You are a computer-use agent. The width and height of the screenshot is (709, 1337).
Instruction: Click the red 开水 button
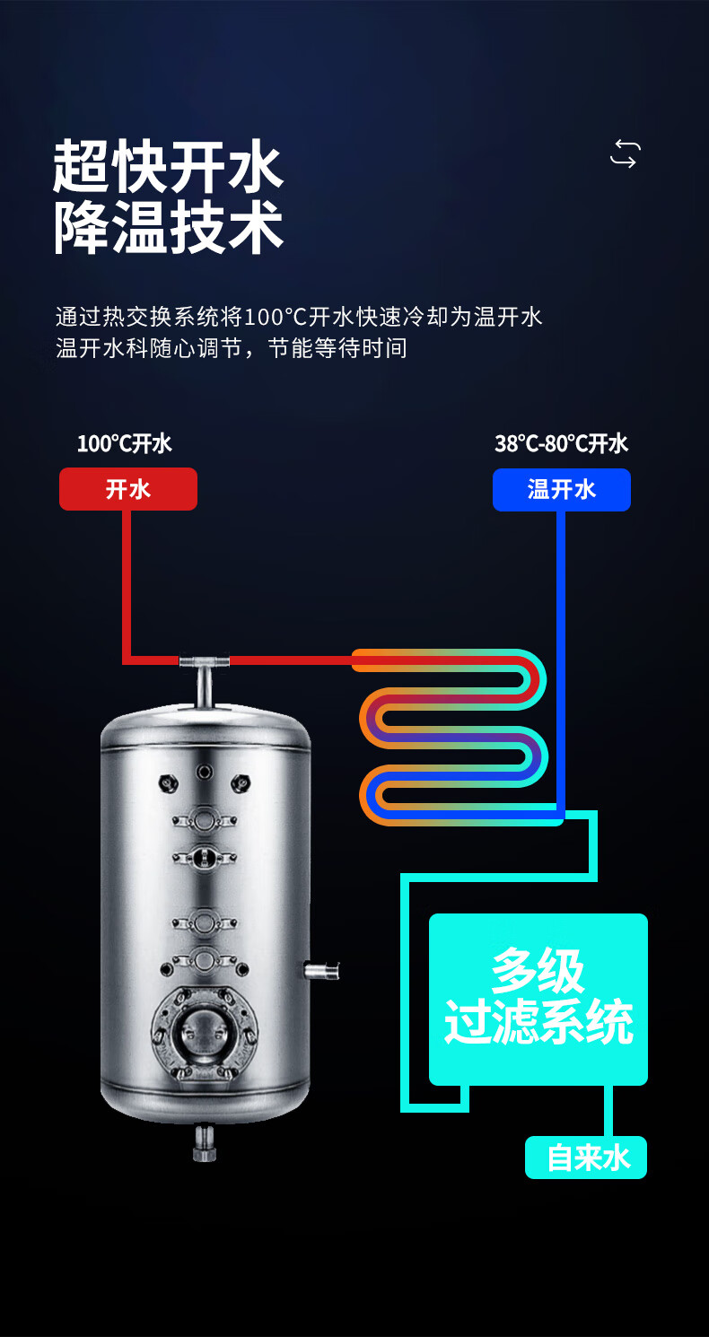127,489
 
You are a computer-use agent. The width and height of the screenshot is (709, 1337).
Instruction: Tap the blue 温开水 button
562,489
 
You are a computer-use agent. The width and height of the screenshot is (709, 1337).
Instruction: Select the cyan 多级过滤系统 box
538,1000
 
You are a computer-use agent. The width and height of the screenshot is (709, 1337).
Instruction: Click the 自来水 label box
586,1158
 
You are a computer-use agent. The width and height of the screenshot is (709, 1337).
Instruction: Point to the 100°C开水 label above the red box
124,443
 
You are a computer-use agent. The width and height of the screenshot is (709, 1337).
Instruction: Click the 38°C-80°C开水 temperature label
561,443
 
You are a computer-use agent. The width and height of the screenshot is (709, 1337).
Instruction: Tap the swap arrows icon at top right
625,154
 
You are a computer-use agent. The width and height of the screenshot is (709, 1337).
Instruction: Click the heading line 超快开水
168,167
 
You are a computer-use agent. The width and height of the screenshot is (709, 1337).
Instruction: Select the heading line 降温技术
168,227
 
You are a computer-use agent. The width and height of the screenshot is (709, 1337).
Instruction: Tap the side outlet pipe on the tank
321,970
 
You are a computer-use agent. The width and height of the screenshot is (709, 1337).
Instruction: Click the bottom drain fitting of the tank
204,1141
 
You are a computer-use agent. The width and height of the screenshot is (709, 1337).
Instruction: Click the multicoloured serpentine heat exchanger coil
453,737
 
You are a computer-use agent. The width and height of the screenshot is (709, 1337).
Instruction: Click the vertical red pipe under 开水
127,585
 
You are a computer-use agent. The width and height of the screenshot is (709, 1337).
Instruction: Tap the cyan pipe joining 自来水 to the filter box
608,1111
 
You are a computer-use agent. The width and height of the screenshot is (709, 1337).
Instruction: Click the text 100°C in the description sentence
276,317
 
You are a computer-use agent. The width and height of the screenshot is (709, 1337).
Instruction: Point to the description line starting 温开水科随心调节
232,348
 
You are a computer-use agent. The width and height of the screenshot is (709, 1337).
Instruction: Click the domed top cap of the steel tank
206,724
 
